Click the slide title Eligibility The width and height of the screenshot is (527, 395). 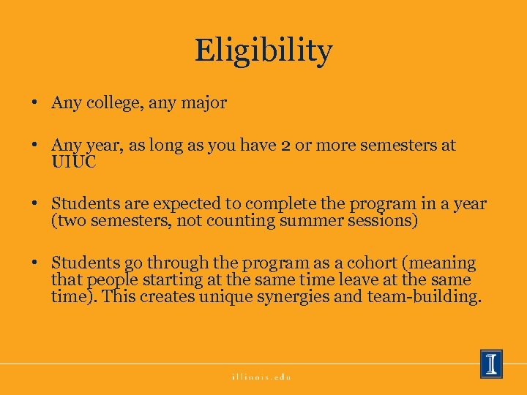click(263, 51)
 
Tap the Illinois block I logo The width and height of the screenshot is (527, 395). click(491, 364)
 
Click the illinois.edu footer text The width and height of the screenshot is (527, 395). click(262, 377)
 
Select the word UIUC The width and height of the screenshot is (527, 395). click(73, 161)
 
